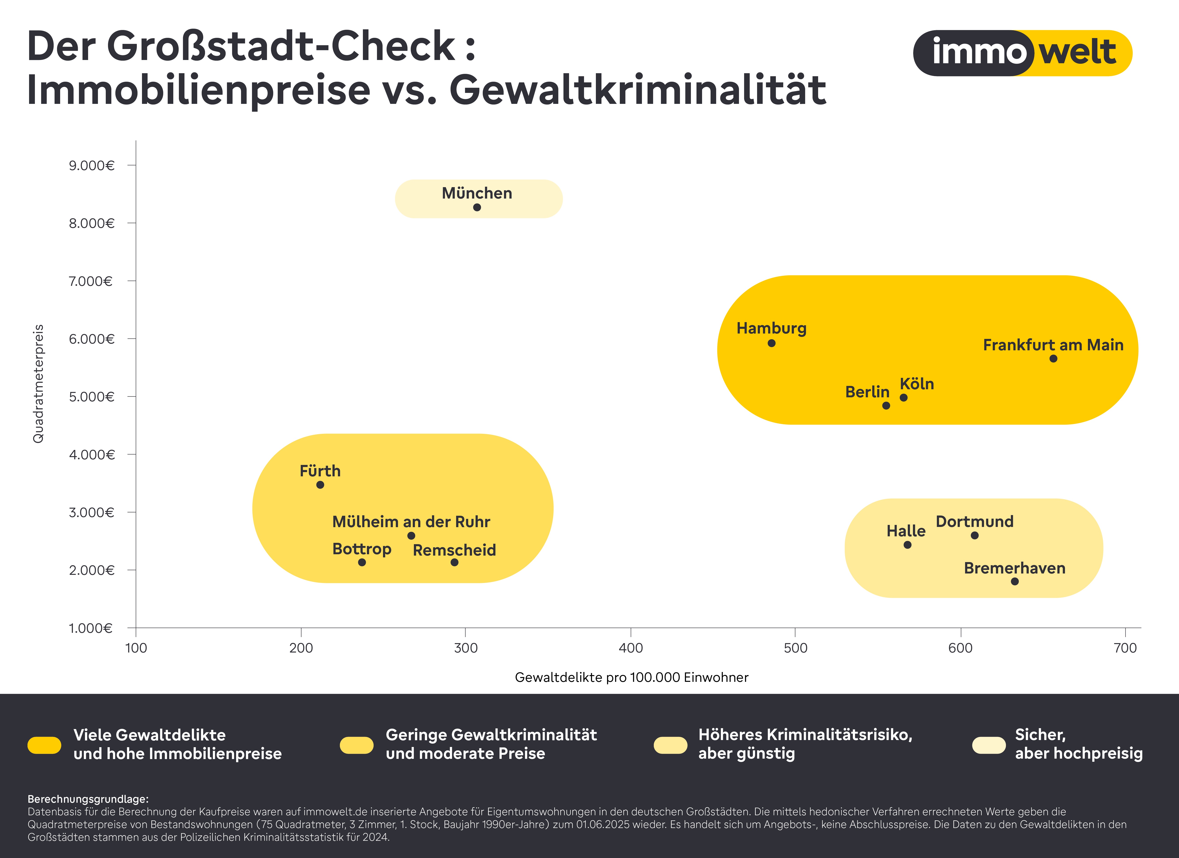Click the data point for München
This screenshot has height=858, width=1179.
point(477,207)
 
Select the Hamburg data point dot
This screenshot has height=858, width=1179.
point(771,343)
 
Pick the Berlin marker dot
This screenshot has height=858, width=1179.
point(886,405)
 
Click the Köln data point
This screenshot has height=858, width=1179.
point(904,398)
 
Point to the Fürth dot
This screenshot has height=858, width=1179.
point(320,484)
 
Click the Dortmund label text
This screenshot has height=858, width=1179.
point(974,521)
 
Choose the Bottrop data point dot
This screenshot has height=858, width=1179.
point(362,562)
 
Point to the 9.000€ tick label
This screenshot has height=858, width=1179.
point(91,165)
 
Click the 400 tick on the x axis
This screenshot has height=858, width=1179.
point(631,648)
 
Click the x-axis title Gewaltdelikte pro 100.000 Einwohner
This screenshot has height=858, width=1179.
point(631,677)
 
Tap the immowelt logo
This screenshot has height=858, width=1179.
point(1022,53)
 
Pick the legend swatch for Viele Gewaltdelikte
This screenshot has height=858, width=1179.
point(44,745)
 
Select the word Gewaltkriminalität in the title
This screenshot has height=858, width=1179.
point(637,90)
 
